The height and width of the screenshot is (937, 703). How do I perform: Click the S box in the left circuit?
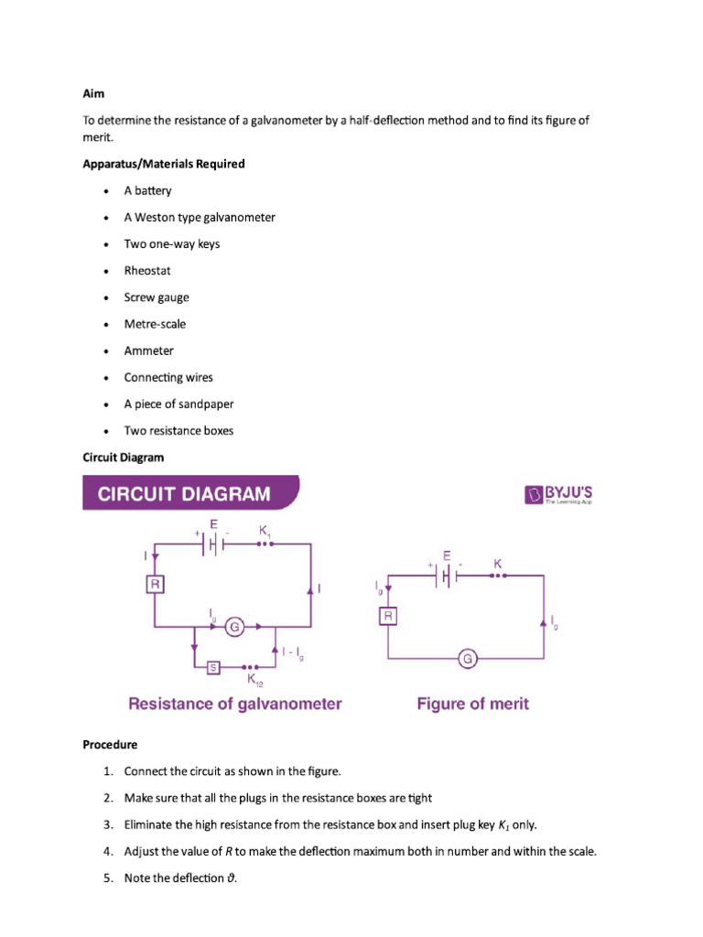coord(213,667)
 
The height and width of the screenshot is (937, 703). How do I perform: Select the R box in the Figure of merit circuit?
coord(388,617)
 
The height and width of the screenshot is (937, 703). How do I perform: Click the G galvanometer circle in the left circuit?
coord(234,627)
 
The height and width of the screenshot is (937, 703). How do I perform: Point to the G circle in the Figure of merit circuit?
coord(468,658)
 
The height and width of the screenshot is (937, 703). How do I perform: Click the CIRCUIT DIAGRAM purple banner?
coord(190,495)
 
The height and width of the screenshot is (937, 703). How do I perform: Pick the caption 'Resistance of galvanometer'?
coord(235,704)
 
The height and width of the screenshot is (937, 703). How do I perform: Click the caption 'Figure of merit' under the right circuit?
coord(472,704)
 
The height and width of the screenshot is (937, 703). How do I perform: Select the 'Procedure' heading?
coord(110,745)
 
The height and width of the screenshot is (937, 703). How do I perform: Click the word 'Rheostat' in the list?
coord(147,271)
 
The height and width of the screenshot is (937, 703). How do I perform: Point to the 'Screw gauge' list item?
coord(157,297)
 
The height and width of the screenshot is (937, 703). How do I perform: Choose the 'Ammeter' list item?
coord(148,350)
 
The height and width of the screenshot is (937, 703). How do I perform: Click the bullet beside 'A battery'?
coord(106,191)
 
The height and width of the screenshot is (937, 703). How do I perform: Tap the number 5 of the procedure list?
coord(107,878)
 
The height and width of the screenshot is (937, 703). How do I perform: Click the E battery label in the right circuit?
coord(446,555)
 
